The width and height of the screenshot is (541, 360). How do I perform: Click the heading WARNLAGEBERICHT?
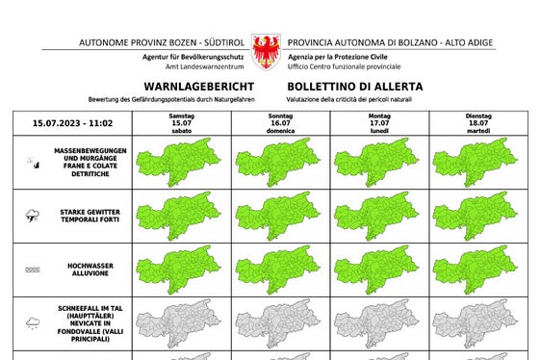[198, 88]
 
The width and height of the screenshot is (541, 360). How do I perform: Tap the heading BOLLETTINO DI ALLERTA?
[353, 88]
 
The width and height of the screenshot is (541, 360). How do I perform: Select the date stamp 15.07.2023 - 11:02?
[73, 123]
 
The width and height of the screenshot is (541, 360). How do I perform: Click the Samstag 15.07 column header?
[181, 123]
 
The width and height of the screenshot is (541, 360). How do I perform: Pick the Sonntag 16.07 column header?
[280, 123]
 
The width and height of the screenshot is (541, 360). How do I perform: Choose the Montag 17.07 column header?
[378, 123]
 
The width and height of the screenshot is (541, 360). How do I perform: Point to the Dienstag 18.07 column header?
[477, 123]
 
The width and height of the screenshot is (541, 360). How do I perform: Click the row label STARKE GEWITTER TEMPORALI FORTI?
[91, 216]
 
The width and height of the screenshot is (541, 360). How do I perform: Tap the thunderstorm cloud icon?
[33, 216]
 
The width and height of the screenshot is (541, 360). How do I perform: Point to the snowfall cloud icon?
[33, 323]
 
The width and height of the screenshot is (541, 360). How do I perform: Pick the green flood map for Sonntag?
[280, 270]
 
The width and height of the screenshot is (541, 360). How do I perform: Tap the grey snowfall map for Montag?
[378, 323]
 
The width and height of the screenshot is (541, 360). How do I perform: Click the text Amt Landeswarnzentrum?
[202, 66]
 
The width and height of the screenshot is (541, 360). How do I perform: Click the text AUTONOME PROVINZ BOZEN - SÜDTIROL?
[163, 43]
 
